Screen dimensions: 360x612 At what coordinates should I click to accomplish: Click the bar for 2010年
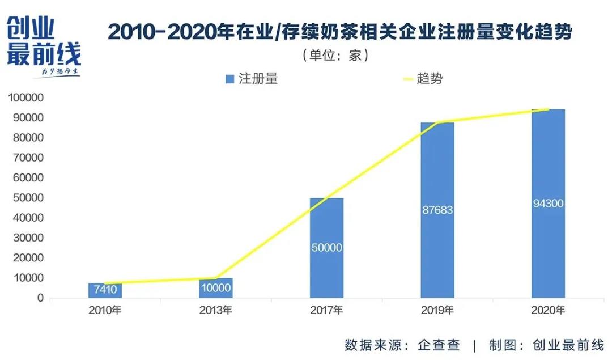tap(105, 290)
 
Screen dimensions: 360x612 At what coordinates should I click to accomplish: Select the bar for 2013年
tap(216, 288)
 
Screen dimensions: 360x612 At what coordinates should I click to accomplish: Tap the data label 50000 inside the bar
tap(326, 248)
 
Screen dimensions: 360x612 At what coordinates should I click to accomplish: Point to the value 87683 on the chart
tap(437, 210)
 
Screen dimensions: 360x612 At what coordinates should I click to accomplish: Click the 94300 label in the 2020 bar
tap(548, 204)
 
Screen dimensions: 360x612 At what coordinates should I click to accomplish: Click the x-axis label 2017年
tap(326, 310)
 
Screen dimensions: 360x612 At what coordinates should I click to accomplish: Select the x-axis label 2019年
tap(437, 310)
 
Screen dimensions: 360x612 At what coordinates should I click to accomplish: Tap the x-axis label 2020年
tap(548, 310)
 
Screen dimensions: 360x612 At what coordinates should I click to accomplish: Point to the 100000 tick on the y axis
tap(24, 98)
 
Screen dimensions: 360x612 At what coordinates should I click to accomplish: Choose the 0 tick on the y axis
tap(40, 298)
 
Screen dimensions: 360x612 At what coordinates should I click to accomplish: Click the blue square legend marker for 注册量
tap(229, 79)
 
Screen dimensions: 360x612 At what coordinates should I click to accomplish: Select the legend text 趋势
tap(430, 79)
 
